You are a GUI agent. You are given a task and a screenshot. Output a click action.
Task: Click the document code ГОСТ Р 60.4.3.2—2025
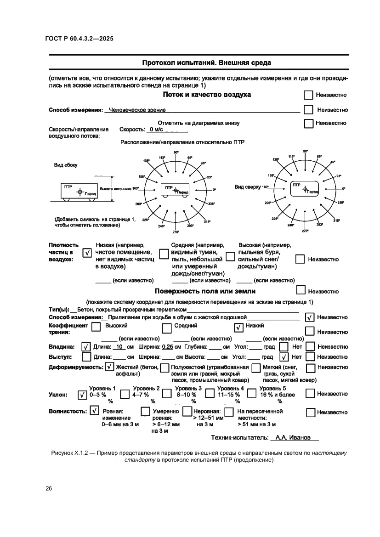click(79, 39)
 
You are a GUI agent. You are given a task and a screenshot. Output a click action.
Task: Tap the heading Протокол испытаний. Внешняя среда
click(206, 62)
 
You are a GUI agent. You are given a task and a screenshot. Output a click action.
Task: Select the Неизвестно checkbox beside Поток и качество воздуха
click(308, 95)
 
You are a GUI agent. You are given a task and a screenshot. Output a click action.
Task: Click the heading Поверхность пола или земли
click(205, 291)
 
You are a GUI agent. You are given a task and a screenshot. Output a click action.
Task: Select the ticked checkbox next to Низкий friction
click(238, 328)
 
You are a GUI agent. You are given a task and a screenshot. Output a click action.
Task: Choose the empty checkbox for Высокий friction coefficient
click(96, 327)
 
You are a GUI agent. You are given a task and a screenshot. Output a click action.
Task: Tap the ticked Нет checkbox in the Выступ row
click(284, 357)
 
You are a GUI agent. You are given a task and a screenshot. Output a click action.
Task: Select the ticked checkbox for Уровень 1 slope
click(83, 395)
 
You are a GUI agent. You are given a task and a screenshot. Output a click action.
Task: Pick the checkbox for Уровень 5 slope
click(251, 393)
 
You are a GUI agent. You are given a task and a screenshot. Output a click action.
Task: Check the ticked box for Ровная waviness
click(94, 411)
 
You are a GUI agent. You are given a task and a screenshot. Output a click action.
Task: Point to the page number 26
click(49, 488)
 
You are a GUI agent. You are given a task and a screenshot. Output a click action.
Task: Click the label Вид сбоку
click(66, 165)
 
